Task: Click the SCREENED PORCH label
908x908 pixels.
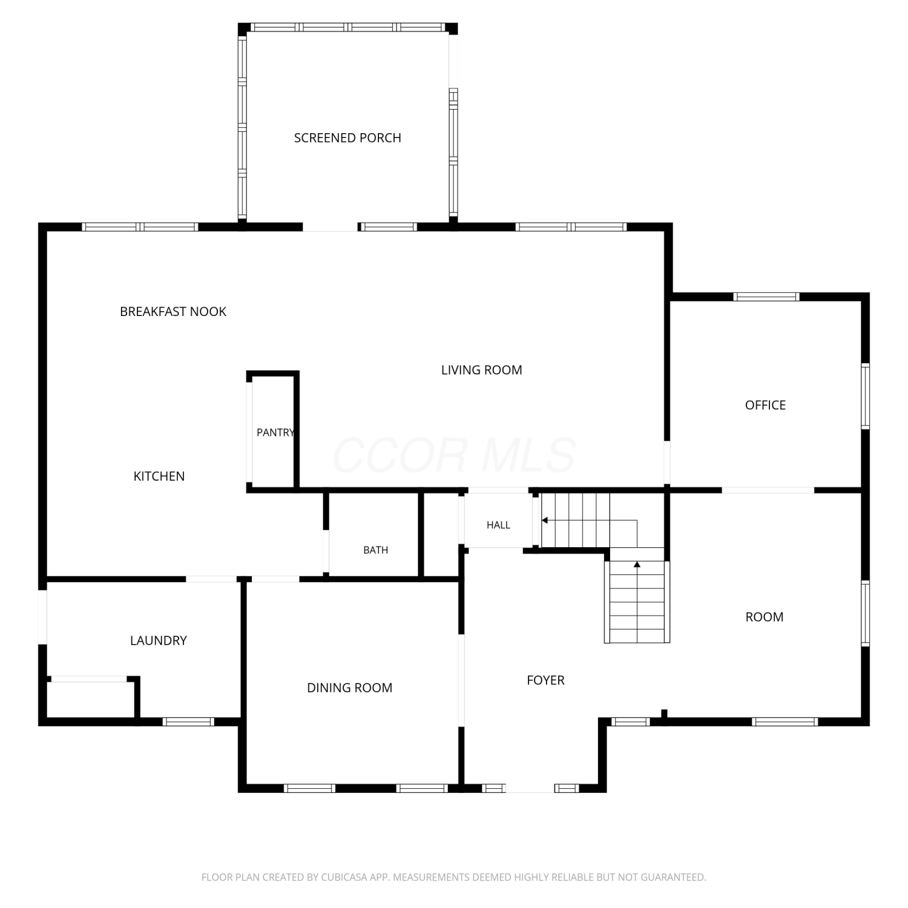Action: tap(347, 138)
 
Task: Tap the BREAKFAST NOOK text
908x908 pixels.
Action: tap(173, 312)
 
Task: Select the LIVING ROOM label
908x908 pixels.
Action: tap(481, 370)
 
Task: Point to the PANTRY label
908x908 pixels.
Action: tap(275, 432)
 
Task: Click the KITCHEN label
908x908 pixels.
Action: tap(159, 476)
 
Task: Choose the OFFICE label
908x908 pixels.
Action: tap(765, 405)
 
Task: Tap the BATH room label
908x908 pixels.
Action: tap(376, 550)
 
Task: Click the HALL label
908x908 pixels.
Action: tap(498, 525)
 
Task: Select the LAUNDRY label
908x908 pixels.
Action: tap(159, 640)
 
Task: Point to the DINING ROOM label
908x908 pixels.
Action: tap(350, 688)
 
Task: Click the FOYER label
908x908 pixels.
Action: tap(545, 680)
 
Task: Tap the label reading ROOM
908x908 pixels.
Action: tap(765, 617)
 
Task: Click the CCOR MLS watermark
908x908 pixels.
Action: tap(454, 455)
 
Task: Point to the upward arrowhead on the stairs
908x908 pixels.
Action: tap(637, 565)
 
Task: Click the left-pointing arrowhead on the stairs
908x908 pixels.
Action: tap(545, 520)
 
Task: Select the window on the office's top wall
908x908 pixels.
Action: tap(766, 297)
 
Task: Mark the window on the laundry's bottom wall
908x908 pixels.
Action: tap(188, 722)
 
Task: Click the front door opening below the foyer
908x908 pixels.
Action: tap(530, 788)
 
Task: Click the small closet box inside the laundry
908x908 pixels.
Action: tap(90, 699)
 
